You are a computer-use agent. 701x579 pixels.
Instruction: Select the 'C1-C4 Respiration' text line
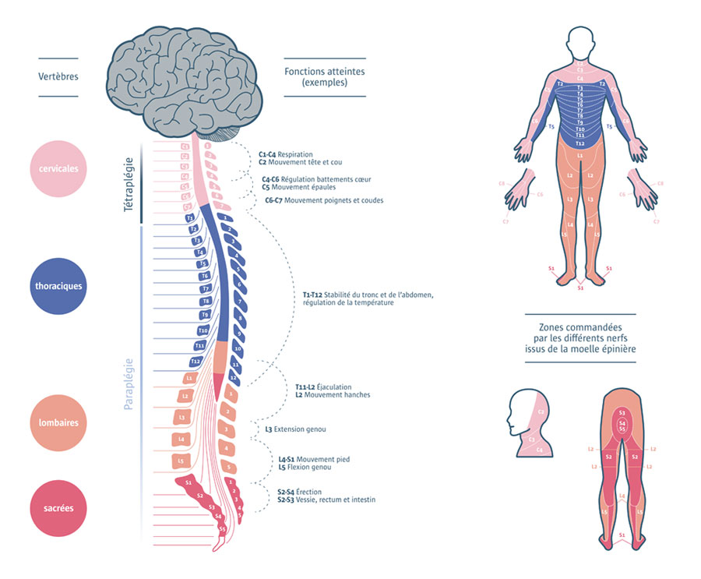pyautogui.click(x=286, y=154)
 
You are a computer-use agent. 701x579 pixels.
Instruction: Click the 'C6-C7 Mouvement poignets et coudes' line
pyautogui.click(x=323, y=200)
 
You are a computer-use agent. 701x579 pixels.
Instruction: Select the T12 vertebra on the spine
pyautogui.click(x=196, y=362)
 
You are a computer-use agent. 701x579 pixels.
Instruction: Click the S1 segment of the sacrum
pyautogui.click(x=188, y=484)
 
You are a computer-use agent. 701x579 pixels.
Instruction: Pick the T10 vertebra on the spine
pyautogui.click(x=202, y=330)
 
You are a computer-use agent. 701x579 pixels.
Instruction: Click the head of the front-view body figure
pyautogui.click(x=579, y=44)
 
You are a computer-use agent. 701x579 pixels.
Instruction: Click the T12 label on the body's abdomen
pyautogui.click(x=579, y=143)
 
